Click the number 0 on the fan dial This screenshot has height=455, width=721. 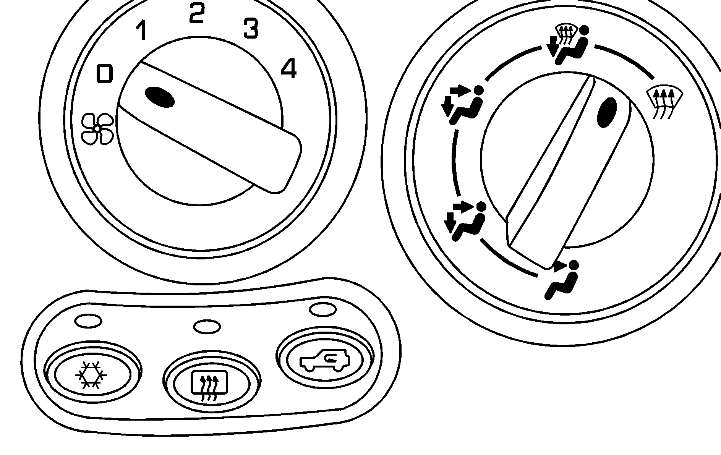[x=105, y=74]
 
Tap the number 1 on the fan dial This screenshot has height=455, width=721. [x=142, y=31]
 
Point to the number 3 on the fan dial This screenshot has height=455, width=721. [x=251, y=28]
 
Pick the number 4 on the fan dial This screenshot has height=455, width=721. [x=288, y=69]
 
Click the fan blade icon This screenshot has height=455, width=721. [x=97, y=129]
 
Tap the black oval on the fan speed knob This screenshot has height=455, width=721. [x=160, y=97]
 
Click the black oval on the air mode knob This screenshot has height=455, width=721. [x=607, y=112]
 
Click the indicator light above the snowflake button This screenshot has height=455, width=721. [x=88, y=321]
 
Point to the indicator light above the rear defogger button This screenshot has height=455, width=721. [x=207, y=327]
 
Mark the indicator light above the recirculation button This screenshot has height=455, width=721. [x=323, y=309]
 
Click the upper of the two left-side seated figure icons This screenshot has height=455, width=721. [x=462, y=105]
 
